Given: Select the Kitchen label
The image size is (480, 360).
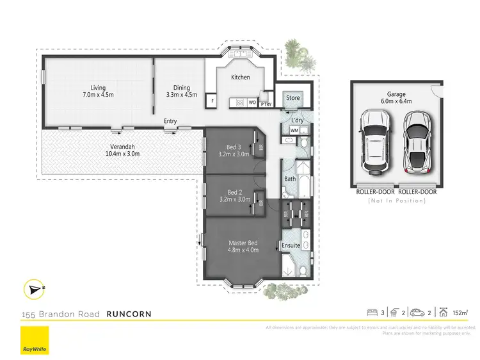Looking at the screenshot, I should pyautogui.click(x=240, y=78).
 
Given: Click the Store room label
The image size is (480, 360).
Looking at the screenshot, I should pyautogui.click(x=292, y=98).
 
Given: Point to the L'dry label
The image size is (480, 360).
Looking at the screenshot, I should pyautogui.click(x=297, y=120).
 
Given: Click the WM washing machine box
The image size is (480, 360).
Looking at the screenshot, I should pyautogui.click(x=294, y=131).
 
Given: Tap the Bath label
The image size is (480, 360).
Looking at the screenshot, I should pyautogui.click(x=290, y=179).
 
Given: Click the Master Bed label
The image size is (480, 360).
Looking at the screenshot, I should pyautogui.click(x=243, y=246).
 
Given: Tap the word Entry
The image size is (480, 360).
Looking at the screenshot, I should pyautogui.click(x=170, y=121).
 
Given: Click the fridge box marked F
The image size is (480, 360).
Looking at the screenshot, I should pyautogui.click(x=211, y=101).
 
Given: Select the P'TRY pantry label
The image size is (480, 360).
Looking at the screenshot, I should pyautogui.click(x=266, y=102).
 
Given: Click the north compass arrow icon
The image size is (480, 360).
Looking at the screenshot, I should pyautogui.click(x=32, y=290).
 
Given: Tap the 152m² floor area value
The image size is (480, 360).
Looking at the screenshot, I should pyautogui.click(x=458, y=313).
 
